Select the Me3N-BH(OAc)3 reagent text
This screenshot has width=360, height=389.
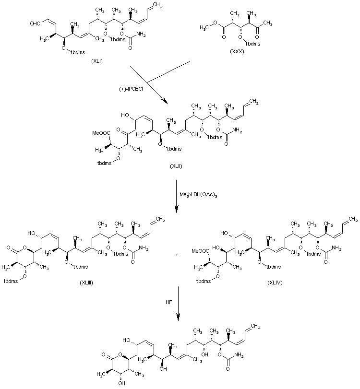click(196, 194)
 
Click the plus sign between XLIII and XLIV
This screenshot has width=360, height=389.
click(177, 254)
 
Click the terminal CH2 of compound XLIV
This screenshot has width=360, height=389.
click(352, 220)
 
